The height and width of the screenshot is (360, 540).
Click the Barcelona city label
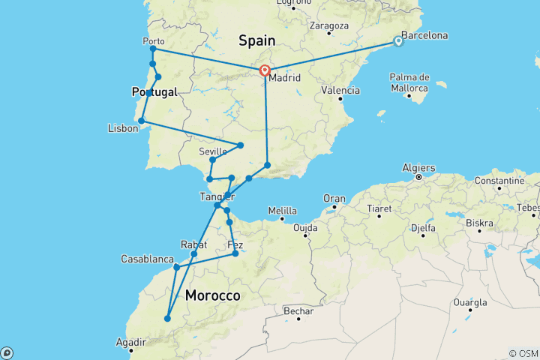coord(424,35)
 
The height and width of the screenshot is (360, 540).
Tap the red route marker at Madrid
coord(265,71)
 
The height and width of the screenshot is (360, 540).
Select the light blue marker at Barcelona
coord(398,42)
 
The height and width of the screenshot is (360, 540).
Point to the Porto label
coord(153,41)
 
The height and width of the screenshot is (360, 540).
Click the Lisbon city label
coord(123,128)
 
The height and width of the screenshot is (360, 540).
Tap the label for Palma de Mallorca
coord(409,82)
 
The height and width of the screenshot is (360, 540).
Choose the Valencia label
coord(339,90)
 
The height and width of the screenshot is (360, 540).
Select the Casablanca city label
coord(148,259)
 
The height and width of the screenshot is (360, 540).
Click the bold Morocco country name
coord(213,296)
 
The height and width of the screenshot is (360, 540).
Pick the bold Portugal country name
coord(154,91)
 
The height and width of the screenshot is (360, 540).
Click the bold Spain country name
coord(256,40)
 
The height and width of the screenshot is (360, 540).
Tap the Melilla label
coord(283,210)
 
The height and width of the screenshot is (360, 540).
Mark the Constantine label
coord(499,181)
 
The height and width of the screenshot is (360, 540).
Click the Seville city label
coord(213,151)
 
